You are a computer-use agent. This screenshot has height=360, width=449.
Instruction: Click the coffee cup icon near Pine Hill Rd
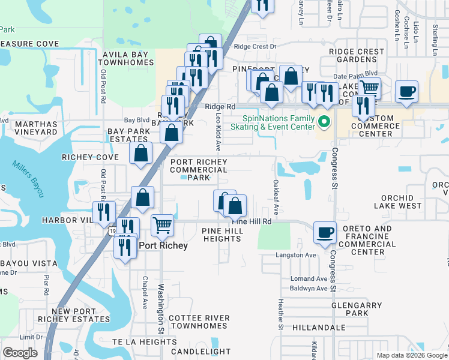[325, 233]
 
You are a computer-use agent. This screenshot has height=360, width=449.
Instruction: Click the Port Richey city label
[163, 245]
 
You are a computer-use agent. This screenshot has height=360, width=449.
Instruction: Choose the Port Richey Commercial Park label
[198, 170]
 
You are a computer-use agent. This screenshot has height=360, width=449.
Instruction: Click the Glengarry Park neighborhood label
[357, 309]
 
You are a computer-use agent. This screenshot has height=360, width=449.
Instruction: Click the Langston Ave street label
[295, 255]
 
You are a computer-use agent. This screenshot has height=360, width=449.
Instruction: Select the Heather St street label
[280, 315]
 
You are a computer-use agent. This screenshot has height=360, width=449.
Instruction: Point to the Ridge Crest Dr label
[255, 46]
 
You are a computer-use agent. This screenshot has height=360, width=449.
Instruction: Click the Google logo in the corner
[20, 353]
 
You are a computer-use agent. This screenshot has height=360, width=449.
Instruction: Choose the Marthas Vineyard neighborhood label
[28, 128]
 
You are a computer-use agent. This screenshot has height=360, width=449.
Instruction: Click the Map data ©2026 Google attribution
[412, 355]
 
